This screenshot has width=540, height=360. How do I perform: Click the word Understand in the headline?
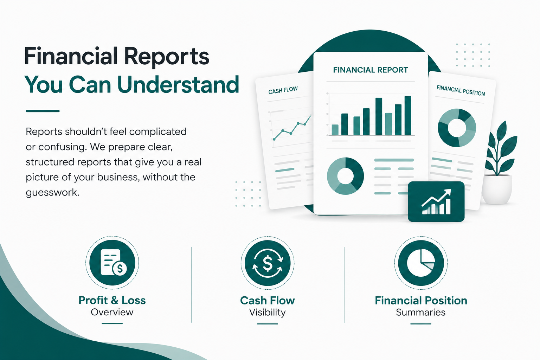point(178,84)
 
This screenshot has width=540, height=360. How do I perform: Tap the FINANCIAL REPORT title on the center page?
point(370,70)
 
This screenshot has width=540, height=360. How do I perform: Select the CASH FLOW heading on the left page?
point(283,90)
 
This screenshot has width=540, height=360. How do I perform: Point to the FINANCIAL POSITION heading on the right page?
point(461,91)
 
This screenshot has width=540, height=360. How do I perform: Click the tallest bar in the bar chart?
point(408,116)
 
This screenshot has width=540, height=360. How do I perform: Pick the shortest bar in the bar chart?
point(335,130)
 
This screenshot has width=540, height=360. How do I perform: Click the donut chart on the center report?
point(345,176)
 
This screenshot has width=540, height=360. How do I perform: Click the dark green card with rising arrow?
point(436,201)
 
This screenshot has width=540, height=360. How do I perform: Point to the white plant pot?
point(497,189)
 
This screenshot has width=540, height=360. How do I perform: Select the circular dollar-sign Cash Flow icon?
point(268,263)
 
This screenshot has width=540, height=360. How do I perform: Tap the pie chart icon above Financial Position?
point(421,263)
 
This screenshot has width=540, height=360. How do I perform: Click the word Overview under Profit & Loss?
point(112,312)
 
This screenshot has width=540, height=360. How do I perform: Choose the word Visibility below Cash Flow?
point(267,313)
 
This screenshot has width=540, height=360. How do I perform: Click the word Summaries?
point(421,312)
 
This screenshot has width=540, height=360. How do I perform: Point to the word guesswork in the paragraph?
point(52,193)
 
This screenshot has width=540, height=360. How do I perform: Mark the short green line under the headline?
point(43,111)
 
